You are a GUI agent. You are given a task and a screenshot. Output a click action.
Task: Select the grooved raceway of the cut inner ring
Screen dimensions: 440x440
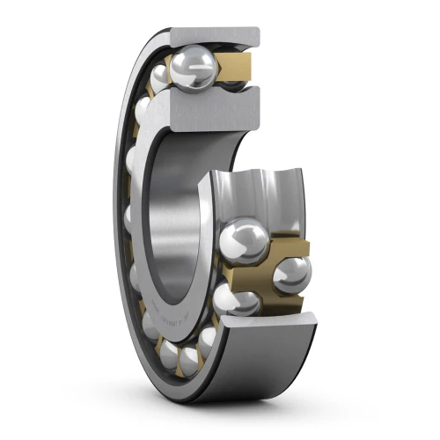point(255,198)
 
